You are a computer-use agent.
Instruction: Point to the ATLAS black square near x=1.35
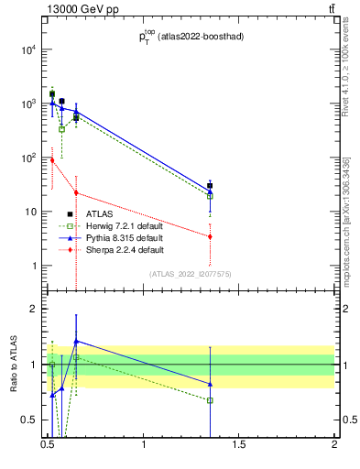tap(211, 186)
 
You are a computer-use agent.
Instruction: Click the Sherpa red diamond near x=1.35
tap(211, 236)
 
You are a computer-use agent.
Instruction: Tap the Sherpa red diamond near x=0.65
tap(76, 192)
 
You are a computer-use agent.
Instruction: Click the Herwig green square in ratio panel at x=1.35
tap(211, 400)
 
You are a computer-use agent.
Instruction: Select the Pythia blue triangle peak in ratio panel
tap(76, 341)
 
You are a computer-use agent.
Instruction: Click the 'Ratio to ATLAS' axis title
tap(14, 365)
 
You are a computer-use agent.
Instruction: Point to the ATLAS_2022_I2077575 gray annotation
tap(191, 273)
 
